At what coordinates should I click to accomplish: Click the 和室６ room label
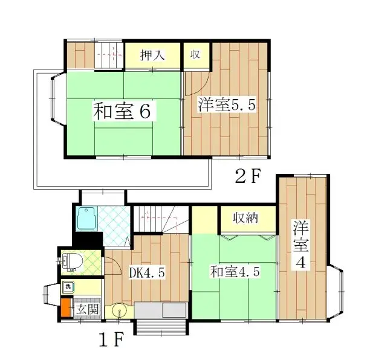pyautogui.click(x=121, y=111)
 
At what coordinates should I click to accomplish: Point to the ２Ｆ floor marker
pyautogui.click(x=247, y=176)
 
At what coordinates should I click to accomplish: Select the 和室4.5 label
pyautogui.click(x=235, y=272)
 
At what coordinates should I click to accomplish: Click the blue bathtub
pyautogui.click(x=88, y=219)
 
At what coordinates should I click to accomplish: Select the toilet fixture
pyautogui.click(x=71, y=262)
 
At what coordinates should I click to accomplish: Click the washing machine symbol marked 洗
pyautogui.click(x=69, y=286)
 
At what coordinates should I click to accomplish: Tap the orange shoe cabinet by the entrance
pyautogui.click(x=65, y=308)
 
